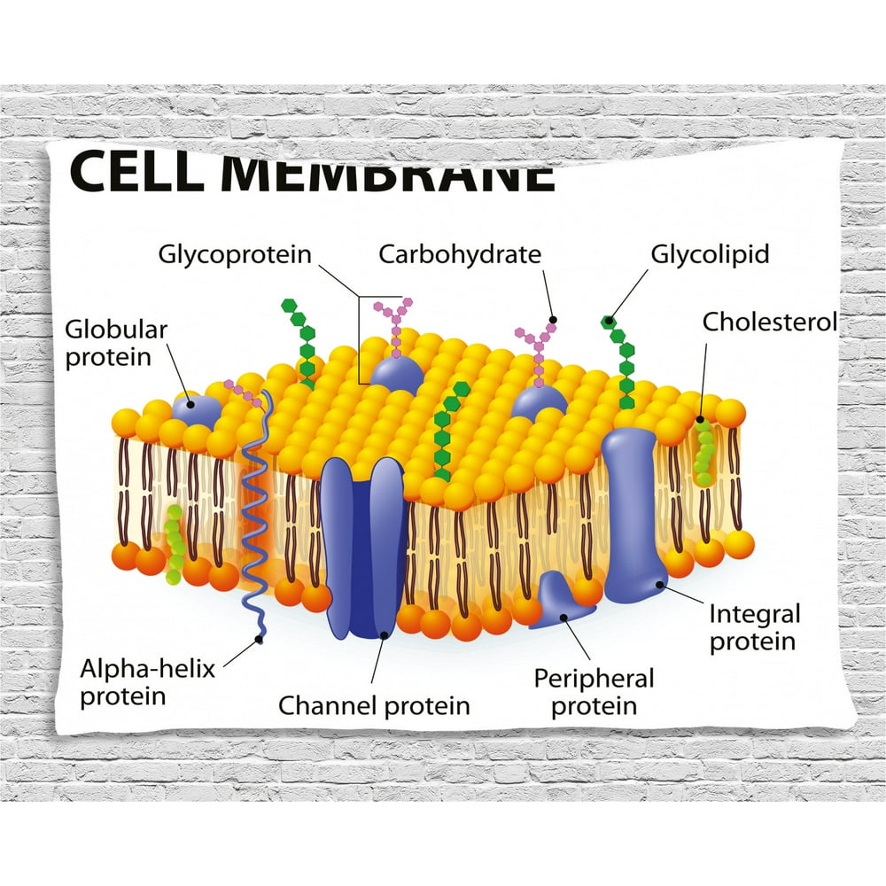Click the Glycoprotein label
click(235, 255)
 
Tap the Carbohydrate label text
click(459, 255)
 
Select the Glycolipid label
click(710, 255)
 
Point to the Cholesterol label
click(769, 322)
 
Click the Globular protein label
click(116, 343)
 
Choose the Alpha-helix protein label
click(147, 681)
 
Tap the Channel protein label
click(374, 705)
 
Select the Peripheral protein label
click(593, 692)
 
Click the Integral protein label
click(753, 626)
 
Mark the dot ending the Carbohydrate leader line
click(554, 319)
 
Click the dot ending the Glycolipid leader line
click(606, 320)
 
